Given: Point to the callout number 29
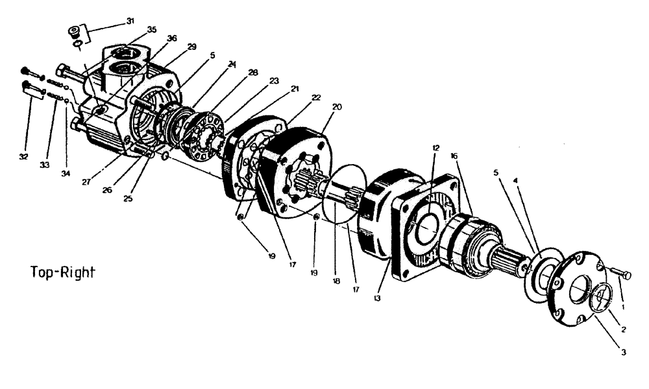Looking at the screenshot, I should click(191, 47).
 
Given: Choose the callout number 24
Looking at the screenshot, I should click(232, 64).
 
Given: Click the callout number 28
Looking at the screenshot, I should click(252, 73).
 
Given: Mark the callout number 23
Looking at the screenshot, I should click(275, 81).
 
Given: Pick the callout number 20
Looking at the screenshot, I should click(337, 106).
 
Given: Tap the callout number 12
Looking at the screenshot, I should click(436, 148).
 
